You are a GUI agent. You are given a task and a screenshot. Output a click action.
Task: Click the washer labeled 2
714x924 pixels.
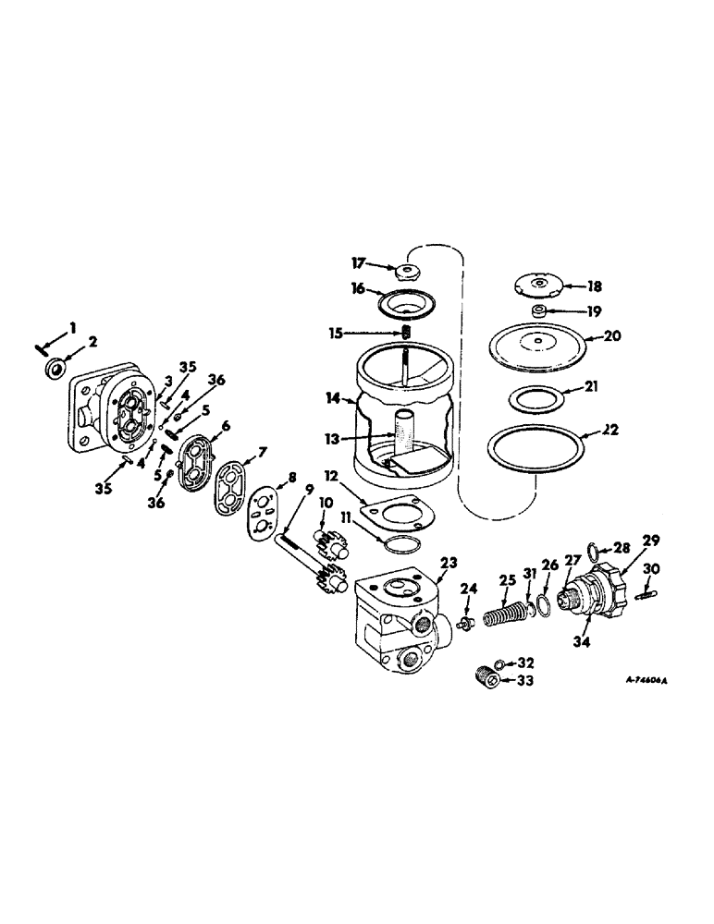(x=55, y=370)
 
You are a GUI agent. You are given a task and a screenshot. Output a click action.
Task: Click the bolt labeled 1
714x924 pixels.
(x=40, y=346)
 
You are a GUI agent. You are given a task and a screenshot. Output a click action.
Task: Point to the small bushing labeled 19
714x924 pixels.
(x=538, y=311)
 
